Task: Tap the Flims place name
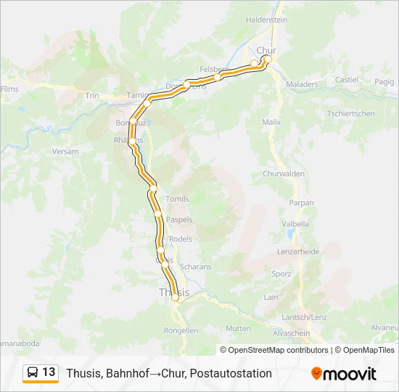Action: tap(9, 89)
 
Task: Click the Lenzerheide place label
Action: tap(298, 251)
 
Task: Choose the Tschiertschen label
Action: tap(350, 113)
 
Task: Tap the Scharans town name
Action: tap(195, 266)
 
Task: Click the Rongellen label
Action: tap(181, 330)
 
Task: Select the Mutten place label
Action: tap(238, 328)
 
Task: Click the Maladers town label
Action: tap(302, 84)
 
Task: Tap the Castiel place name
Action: tap(347, 80)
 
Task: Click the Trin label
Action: tap(92, 96)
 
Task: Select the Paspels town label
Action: tap(179, 219)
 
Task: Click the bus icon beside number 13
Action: tap(33, 372)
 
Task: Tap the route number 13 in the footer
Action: tap(49, 372)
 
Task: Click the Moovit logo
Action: tap(344, 373)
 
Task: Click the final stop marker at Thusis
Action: tap(175, 297)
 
